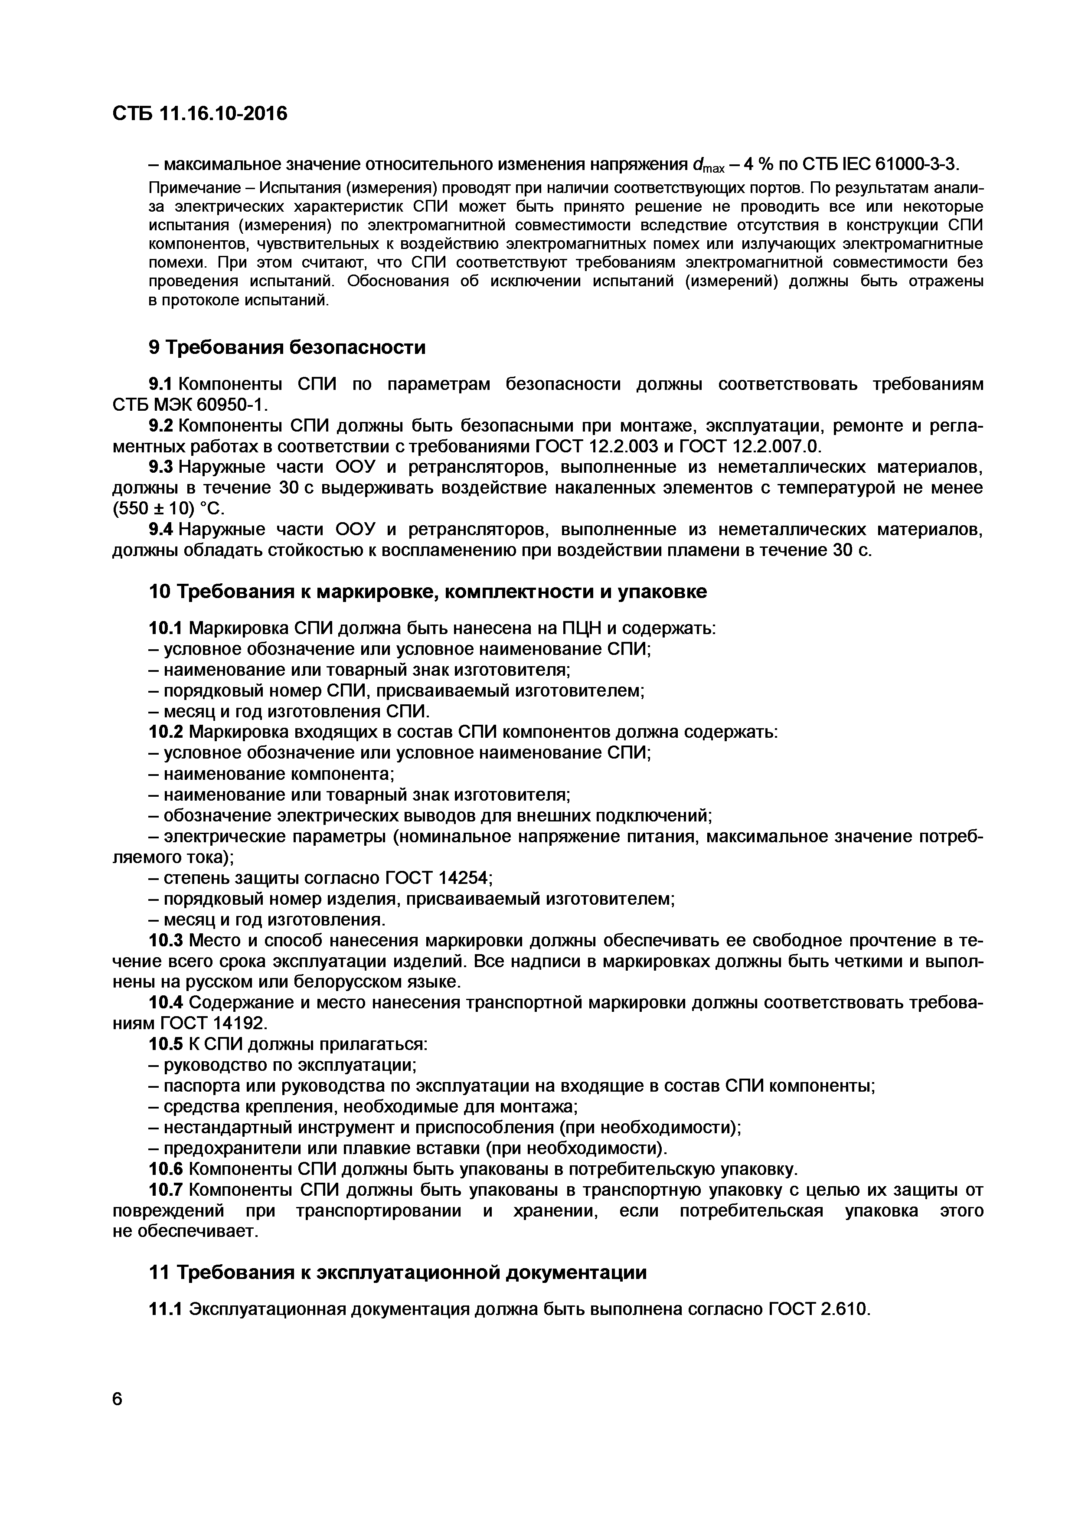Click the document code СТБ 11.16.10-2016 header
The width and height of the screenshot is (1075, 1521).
pyautogui.click(x=200, y=114)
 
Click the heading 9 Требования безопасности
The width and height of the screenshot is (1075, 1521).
pyautogui.click(x=287, y=347)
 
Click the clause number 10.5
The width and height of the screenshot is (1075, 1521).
pyautogui.click(x=166, y=1044)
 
